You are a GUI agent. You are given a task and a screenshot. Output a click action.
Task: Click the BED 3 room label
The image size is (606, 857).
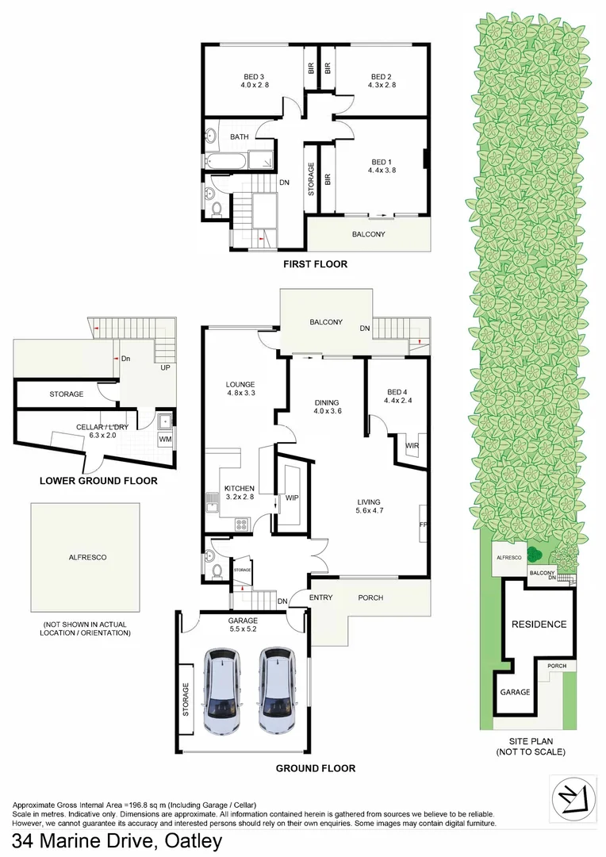pos(253,77)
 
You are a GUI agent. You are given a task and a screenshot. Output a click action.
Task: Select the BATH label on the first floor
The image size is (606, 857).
pos(240,137)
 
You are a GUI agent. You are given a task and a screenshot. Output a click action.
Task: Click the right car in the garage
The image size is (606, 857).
pos(277,690)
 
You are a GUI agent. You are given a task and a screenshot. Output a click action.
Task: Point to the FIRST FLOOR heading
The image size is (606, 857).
pos(316,264)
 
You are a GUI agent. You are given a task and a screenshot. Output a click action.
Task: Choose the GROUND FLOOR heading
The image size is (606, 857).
pos(315,768)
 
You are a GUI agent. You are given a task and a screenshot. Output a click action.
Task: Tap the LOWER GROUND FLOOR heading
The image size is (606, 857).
pos(98,480)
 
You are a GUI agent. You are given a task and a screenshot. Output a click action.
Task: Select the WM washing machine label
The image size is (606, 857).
pos(165,439)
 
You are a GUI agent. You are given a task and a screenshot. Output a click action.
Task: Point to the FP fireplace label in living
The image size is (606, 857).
pos(423,525)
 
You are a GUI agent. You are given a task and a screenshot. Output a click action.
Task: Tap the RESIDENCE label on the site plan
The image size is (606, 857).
pos(539,624)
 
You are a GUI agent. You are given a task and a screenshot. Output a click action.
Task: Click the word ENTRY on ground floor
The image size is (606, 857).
pos(320,598)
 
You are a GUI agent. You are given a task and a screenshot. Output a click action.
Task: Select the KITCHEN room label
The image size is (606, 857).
pos(239,488)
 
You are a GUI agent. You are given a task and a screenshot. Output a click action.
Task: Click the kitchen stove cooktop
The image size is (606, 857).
pos(243,524)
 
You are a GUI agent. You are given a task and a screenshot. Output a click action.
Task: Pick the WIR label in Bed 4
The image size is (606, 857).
pos(412,445)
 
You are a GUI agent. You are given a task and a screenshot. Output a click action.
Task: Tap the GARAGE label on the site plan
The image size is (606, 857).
pos(515,692)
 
